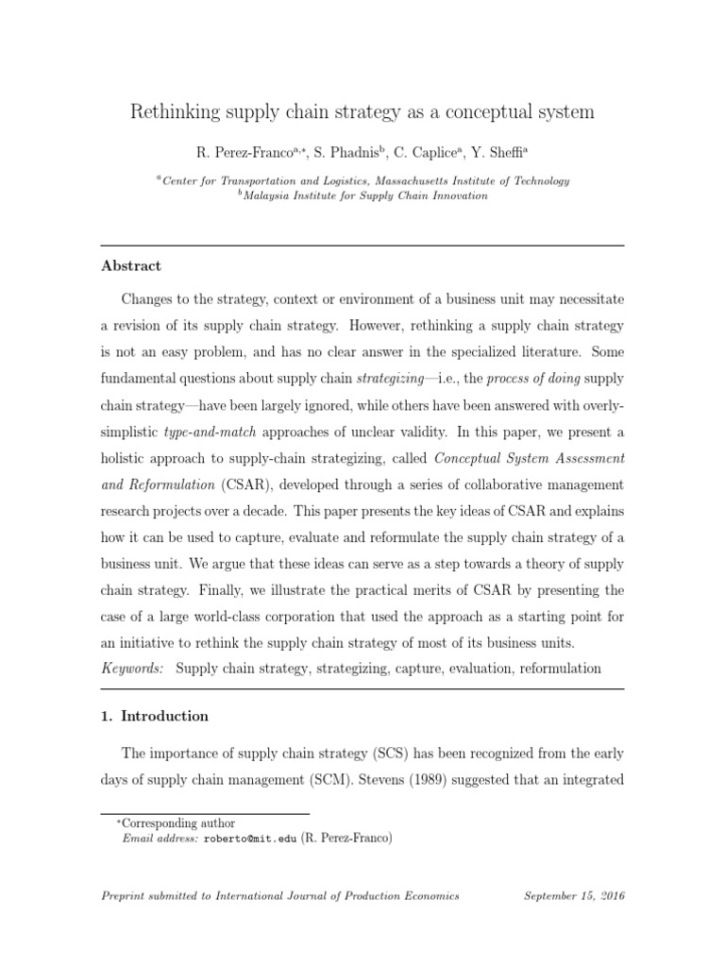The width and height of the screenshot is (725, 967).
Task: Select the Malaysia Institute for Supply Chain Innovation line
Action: (x=366, y=195)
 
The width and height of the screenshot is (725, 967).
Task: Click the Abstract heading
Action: (x=131, y=266)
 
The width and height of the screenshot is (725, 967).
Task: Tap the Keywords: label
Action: (x=132, y=668)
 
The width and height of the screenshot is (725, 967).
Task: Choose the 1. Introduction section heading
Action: (x=155, y=716)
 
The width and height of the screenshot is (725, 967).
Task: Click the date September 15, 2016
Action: (x=573, y=895)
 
